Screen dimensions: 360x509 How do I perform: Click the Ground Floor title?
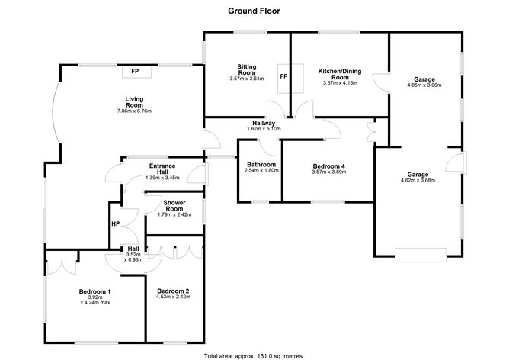(x=254, y=11)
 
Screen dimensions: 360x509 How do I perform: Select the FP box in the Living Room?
(x=135, y=71)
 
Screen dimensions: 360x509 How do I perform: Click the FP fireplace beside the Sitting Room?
(x=284, y=77)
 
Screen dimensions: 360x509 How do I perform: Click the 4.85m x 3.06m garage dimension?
(x=424, y=86)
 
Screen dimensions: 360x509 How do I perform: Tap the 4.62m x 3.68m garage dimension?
(x=418, y=180)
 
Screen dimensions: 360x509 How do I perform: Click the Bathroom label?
(x=262, y=164)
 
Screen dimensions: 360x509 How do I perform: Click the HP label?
(x=116, y=223)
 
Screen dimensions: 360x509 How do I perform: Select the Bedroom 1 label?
(x=95, y=291)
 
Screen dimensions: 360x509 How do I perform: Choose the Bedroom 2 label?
(x=172, y=291)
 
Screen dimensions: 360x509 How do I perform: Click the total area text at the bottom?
(x=254, y=355)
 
